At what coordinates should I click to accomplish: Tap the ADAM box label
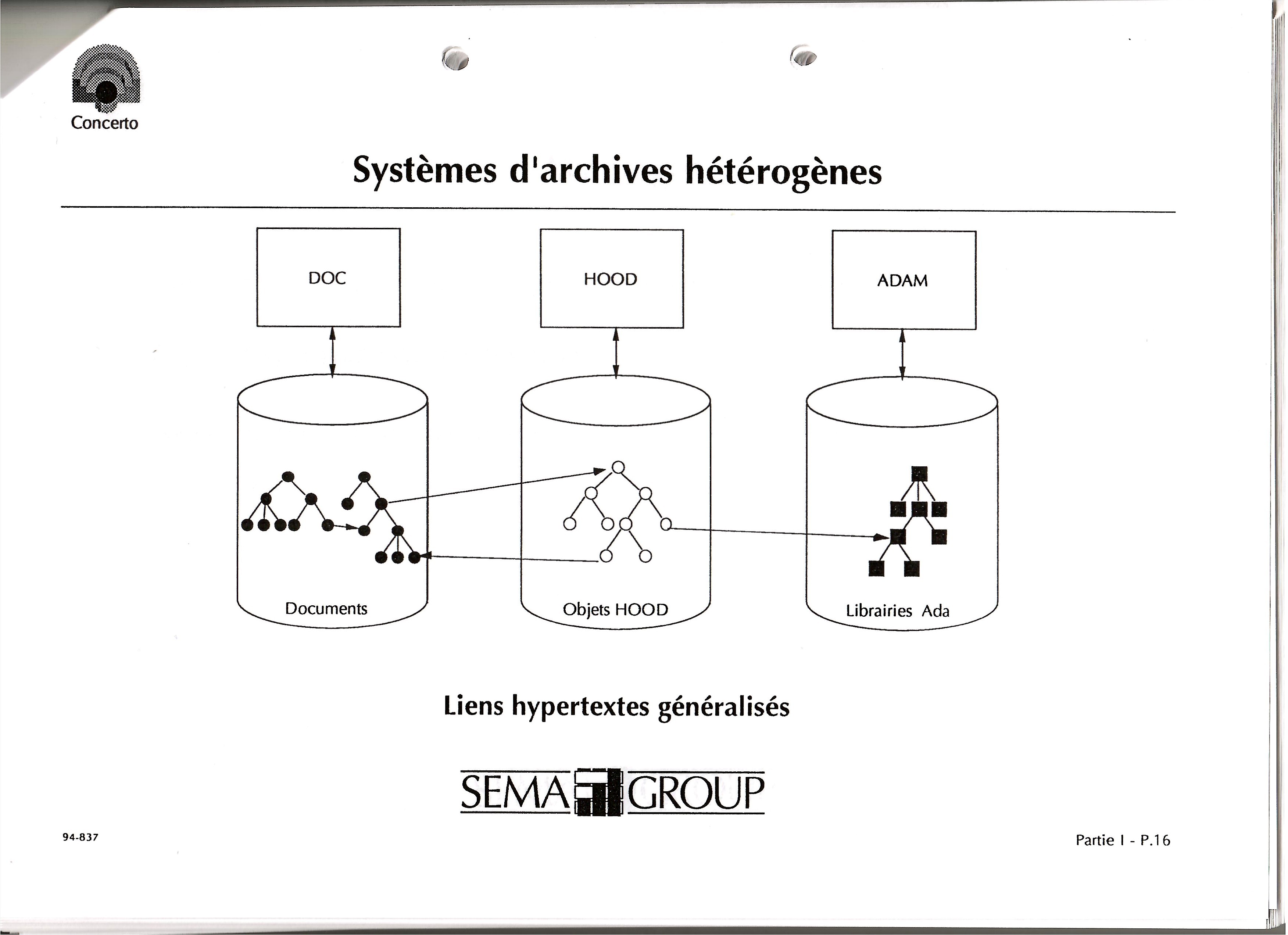coord(902,280)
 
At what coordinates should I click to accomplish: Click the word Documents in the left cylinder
coord(326,609)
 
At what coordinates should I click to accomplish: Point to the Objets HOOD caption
coord(615,610)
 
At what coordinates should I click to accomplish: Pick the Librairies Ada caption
coord(897,611)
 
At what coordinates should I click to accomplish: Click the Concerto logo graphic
coord(106,78)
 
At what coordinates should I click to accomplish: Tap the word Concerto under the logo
coord(104,123)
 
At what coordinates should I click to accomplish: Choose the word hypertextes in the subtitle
coord(580,707)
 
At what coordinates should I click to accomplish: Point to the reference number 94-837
coord(80,837)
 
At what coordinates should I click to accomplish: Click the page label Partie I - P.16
coord(1123,840)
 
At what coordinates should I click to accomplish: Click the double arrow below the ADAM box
coord(902,354)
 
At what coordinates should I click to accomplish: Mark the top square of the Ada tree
coord(919,474)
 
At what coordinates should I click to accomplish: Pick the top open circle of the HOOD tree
coord(618,467)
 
